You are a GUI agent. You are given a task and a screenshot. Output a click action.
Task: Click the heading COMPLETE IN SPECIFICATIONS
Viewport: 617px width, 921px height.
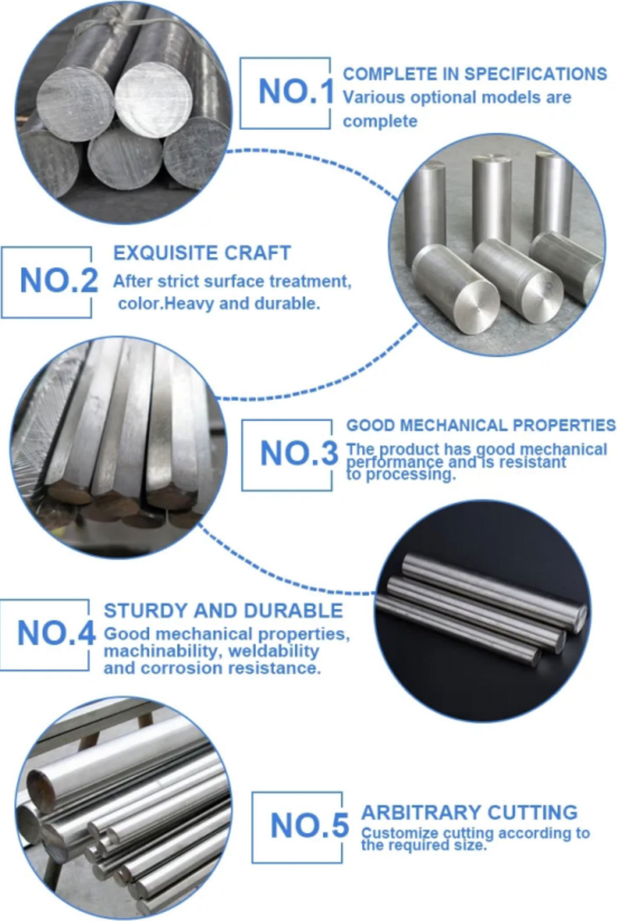[475, 74]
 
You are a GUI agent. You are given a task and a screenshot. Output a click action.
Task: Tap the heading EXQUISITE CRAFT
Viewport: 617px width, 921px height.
[202, 253]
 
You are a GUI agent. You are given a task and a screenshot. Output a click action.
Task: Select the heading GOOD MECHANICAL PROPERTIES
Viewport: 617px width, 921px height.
[481, 425]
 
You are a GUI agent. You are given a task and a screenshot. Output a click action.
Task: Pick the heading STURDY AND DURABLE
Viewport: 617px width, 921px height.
[223, 611]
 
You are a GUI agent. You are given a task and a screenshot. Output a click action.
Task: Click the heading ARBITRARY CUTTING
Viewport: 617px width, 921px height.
[469, 813]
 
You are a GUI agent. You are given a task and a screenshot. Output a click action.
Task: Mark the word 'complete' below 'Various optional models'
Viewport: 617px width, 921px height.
[380, 122]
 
